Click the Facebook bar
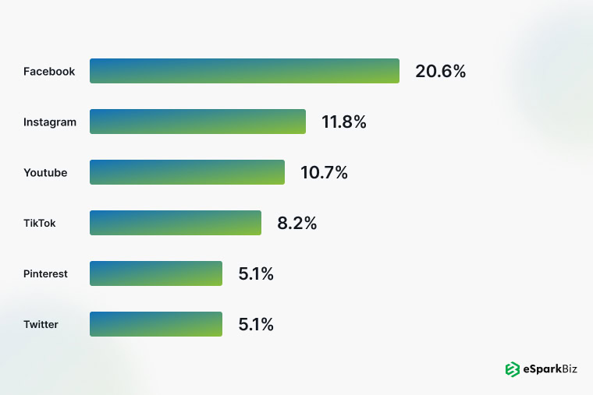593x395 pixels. point(244,71)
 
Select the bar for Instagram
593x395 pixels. point(197,122)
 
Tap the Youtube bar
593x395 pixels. point(187,172)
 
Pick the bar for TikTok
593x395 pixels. point(176,223)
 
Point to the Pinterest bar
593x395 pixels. point(156,273)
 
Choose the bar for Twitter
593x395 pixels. point(156,324)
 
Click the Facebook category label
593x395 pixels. point(49,72)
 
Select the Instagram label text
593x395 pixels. point(50,122)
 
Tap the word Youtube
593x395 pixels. point(45,173)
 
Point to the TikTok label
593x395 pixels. point(40,224)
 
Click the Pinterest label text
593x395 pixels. point(45,274)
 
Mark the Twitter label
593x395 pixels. point(41,325)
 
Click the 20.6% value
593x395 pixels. point(440,72)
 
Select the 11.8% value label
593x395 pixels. point(344,122)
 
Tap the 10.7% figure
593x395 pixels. point(324,173)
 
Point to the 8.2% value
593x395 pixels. point(297,224)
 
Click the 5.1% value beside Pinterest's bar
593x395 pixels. point(256,274)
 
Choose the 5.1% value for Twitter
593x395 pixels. point(256,325)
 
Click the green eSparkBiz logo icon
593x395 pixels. point(513,369)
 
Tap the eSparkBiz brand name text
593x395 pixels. point(551,369)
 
